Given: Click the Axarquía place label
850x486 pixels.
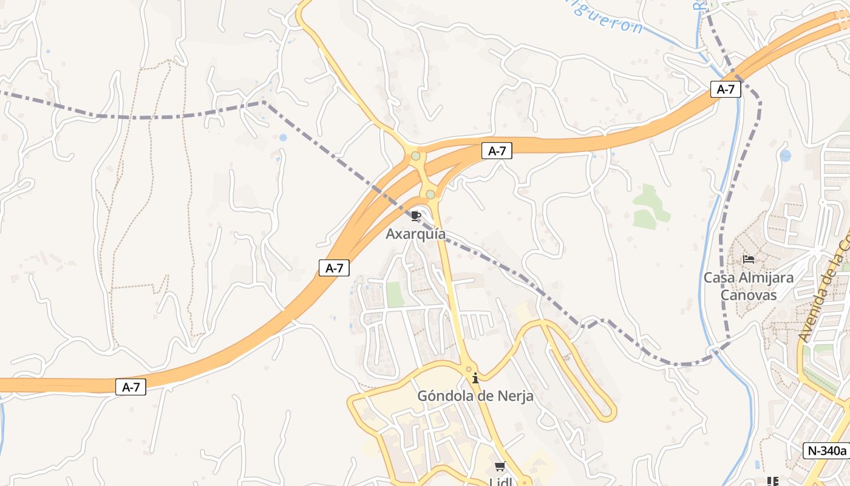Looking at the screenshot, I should point(415,234).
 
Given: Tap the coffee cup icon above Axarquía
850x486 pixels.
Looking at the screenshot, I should point(416,216).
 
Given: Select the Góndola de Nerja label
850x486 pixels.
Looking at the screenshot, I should point(475,396).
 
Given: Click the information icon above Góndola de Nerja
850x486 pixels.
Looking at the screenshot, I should point(475,378).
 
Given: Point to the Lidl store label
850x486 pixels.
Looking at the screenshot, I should point(500,482).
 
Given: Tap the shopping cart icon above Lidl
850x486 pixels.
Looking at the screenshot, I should point(500,467).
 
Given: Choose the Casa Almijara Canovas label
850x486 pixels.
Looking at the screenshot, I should point(748,286).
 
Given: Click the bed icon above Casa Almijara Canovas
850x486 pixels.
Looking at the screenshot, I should point(749,259).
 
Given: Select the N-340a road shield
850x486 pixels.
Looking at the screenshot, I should point(826,451).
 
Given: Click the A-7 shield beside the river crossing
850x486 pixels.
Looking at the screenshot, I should point(726,89).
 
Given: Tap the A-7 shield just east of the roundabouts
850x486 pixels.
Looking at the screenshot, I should point(497,151).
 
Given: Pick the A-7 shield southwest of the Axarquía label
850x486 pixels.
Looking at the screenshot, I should point(334,268).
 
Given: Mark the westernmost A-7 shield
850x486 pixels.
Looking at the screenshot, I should point(131,387).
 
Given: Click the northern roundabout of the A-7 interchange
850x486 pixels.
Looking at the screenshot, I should point(416,156).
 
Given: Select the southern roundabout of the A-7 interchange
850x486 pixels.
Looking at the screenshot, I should point(430,194).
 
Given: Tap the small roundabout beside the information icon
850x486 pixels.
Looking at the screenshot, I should point(468,369).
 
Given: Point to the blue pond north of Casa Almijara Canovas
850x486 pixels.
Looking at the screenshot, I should point(786,156).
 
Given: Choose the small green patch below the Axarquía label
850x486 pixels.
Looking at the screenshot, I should point(395,294).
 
